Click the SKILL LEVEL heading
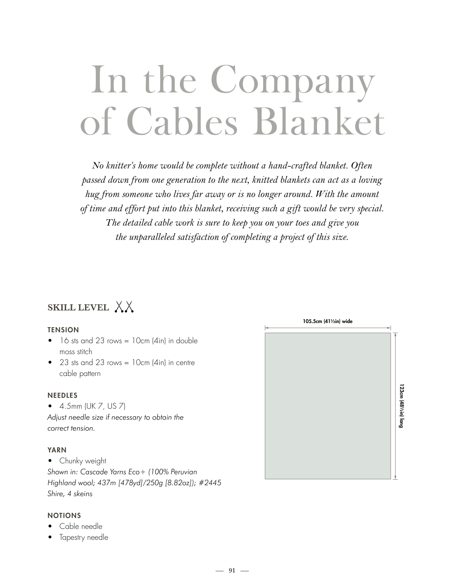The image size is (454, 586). (x=78, y=307)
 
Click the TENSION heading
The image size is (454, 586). (x=63, y=330)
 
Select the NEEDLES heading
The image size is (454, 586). (x=63, y=395)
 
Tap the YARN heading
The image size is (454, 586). (x=57, y=450)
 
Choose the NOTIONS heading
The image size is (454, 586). (x=64, y=515)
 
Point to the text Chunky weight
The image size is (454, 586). (x=83, y=461)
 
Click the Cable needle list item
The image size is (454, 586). (x=81, y=526)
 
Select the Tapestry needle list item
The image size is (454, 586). (x=84, y=537)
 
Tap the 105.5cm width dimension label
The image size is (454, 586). (x=327, y=321)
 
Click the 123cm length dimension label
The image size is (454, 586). (x=401, y=405)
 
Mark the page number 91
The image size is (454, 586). (x=232, y=570)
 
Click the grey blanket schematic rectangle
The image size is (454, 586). (x=327, y=405)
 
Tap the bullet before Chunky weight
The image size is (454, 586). (x=50, y=461)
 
